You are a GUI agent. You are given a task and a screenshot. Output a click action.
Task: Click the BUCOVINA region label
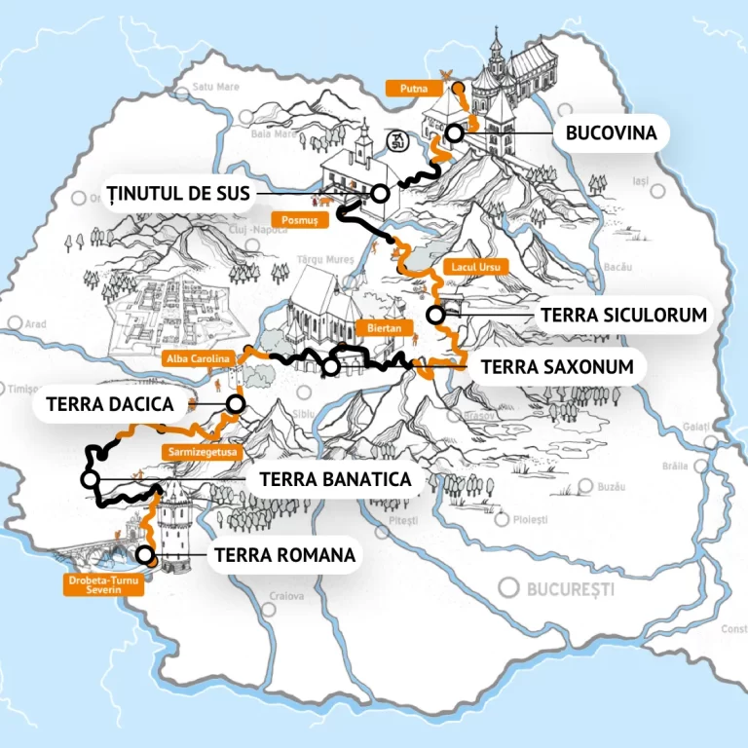(x=611, y=133)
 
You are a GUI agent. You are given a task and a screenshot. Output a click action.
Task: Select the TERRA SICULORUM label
(x=622, y=315)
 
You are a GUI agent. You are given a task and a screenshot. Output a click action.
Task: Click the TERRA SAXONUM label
(x=558, y=366)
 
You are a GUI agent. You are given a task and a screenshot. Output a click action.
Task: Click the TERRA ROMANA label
(x=283, y=556)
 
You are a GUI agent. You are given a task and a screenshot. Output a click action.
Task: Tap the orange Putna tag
(x=407, y=89)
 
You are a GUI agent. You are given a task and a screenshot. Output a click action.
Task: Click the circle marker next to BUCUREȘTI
(x=508, y=587)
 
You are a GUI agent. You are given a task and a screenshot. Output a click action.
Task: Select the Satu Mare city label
(x=215, y=87)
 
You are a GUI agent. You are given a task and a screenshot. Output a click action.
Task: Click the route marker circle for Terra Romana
(x=145, y=556)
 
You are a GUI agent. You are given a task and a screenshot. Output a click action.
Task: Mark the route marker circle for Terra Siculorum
(x=435, y=315)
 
